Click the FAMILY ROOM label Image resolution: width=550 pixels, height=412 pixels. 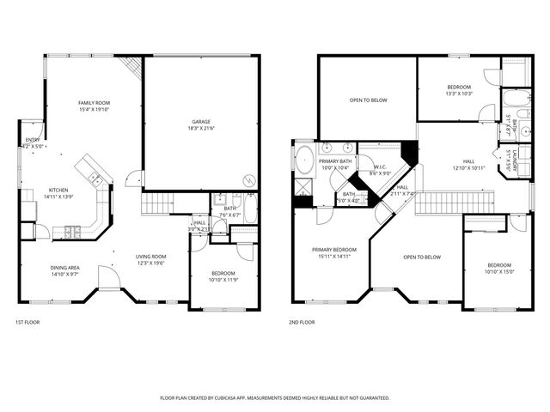point(95,103)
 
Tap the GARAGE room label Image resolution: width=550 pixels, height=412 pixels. point(200,122)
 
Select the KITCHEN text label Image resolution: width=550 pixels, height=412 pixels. point(58,190)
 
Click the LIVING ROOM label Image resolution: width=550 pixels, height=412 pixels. point(151,257)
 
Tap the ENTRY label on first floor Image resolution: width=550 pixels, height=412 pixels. point(33,140)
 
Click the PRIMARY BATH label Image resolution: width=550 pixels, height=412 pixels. point(335,161)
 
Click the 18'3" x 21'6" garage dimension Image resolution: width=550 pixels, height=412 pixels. point(200,129)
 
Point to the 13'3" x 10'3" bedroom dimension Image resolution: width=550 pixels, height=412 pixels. point(459,94)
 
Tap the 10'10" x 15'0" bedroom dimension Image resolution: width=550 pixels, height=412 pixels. point(498,272)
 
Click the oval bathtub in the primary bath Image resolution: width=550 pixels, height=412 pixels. point(304,160)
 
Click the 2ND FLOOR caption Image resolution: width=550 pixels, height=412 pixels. point(302,323)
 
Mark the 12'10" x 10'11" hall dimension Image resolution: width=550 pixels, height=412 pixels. point(468,167)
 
